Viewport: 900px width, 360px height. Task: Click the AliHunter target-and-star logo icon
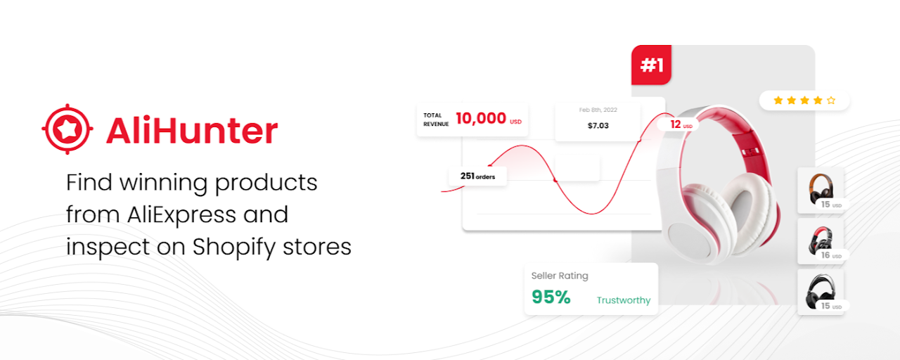tap(67, 129)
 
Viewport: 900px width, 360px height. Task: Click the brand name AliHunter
tap(192, 130)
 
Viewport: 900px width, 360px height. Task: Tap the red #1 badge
tap(651, 65)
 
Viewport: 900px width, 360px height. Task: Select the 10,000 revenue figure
tap(480, 118)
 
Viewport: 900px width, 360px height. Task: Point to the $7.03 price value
tap(598, 126)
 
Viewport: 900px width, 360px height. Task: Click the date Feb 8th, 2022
tap(598, 110)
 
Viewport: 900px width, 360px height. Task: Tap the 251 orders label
tap(477, 176)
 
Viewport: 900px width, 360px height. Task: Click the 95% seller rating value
tap(551, 297)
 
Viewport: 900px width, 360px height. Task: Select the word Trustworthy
tap(624, 300)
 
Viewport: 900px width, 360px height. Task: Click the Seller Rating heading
tap(560, 276)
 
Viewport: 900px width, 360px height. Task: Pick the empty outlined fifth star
tap(831, 100)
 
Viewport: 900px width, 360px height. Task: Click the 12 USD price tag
tap(681, 124)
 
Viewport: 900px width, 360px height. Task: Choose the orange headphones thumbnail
tap(821, 190)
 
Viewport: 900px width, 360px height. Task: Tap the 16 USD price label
tap(831, 255)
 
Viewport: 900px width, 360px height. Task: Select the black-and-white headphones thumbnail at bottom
tap(821, 292)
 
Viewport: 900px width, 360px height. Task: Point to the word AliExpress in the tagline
tap(181, 214)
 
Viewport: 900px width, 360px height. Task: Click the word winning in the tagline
tap(163, 182)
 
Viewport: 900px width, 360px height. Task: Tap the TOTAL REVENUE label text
tap(436, 120)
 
